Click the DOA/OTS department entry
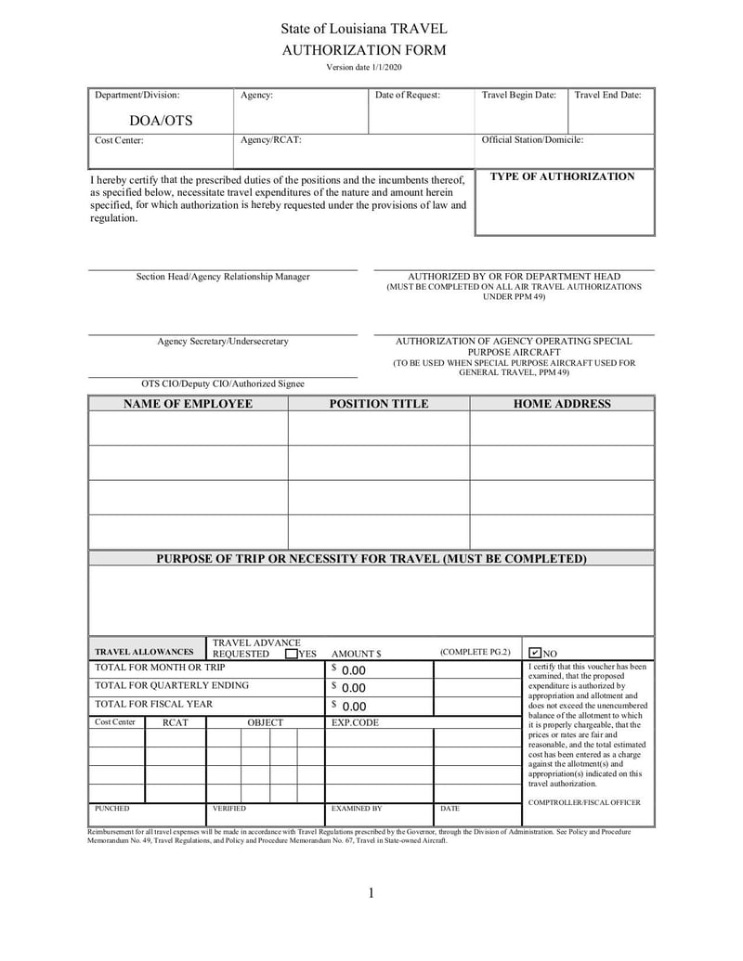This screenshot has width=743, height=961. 161,121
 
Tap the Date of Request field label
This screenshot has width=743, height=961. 408,95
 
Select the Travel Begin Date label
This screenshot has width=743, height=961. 518,95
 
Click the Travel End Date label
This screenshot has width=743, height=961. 607,95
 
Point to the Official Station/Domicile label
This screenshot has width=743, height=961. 532,140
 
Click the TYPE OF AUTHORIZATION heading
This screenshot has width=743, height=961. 562,176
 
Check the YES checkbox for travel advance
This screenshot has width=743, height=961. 292,654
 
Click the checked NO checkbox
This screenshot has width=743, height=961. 535,654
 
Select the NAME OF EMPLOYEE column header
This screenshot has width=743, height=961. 188,404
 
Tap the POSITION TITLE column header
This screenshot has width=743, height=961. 379,404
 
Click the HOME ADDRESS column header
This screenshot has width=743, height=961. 562,404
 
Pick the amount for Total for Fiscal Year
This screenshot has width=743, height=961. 353,707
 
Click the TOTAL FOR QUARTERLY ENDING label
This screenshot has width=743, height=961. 172,685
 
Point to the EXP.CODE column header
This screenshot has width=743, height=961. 355,722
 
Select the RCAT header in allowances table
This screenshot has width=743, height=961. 176,722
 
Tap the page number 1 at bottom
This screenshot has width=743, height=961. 371,893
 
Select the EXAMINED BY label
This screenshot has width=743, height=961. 357,809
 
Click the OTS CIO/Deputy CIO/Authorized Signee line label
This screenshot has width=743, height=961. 222,383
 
